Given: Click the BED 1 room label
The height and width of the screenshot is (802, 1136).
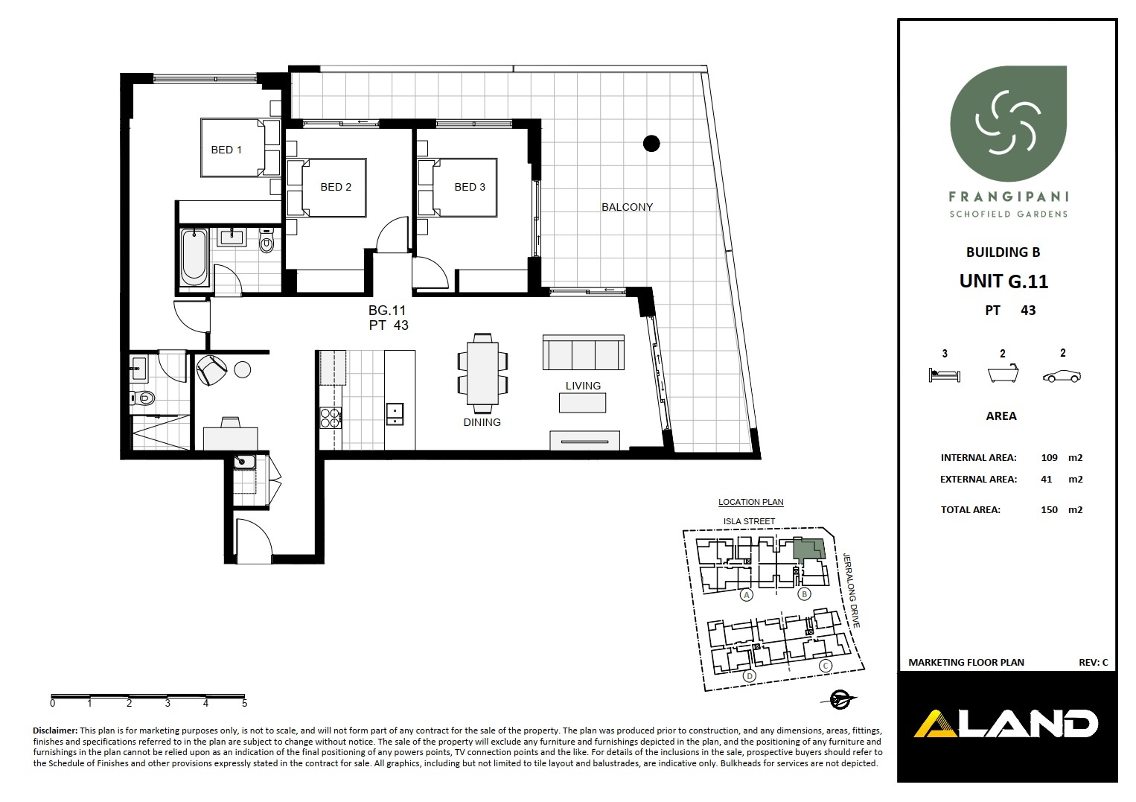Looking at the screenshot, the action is [x=226, y=150].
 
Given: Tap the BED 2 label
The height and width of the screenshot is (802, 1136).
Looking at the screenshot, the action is [x=336, y=187].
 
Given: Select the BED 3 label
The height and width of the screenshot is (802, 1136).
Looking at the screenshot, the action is [x=470, y=187].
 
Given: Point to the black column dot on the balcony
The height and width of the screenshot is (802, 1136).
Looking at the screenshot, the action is [x=651, y=144].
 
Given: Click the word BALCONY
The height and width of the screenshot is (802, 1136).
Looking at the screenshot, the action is [x=627, y=207].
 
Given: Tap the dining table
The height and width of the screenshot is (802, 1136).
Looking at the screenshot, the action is [x=483, y=373].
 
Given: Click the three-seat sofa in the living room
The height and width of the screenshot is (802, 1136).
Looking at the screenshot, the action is [x=583, y=352].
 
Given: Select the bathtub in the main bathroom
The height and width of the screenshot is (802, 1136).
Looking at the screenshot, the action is [x=194, y=257].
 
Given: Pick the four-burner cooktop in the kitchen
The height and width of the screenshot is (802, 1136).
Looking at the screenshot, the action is [x=330, y=418].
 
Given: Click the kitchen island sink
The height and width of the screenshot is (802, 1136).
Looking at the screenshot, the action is [x=394, y=413].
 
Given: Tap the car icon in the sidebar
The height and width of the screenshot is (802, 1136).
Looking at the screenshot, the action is [x=1062, y=376].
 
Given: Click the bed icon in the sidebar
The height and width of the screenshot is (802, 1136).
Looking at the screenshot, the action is [x=944, y=375].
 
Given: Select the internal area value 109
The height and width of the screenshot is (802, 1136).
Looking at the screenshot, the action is [x=1050, y=457].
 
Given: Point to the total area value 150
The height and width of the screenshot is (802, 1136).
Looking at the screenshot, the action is [x=1050, y=510].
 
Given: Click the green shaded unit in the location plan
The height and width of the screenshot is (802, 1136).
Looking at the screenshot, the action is [x=808, y=549].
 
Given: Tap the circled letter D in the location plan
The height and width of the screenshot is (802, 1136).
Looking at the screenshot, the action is [x=749, y=675].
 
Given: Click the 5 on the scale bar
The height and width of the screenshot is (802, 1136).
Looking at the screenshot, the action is [x=244, y=703].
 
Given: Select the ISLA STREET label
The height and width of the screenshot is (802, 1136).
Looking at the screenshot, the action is [x=749, y=521].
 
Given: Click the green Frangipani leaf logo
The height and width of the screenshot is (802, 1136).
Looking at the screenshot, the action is [x=1008, y=124].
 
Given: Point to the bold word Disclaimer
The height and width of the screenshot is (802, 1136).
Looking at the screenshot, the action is [x=55, y=731].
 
